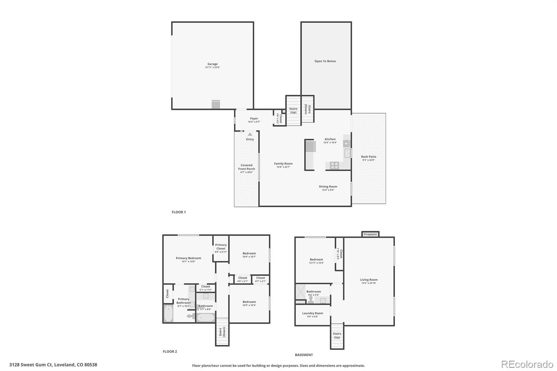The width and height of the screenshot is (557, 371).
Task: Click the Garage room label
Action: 212,64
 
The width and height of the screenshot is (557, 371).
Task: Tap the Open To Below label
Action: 325,61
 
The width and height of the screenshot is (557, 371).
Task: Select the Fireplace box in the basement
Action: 370,234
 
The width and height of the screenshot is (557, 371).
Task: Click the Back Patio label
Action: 368,157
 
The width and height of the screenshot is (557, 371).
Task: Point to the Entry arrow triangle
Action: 250,134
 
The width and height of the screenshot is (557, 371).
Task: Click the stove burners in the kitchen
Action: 334,166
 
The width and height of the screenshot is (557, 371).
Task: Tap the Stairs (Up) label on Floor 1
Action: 293,110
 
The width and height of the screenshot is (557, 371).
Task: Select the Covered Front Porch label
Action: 246,167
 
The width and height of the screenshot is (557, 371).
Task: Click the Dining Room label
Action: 328,187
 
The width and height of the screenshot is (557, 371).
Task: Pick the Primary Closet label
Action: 221,246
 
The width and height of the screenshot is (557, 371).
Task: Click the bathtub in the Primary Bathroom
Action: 168,313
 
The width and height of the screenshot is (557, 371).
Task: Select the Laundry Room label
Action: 313,313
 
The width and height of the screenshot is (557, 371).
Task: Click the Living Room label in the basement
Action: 369,280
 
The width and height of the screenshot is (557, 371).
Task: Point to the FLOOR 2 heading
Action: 170,352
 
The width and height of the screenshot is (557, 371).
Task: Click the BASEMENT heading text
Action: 304,355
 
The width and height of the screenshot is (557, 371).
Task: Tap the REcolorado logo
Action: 527,364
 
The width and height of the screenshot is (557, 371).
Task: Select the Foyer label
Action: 254,119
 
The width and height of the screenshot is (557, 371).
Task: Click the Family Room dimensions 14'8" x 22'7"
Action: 283,167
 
